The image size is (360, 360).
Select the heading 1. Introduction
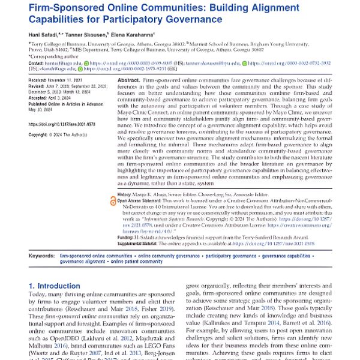(56, 287)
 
